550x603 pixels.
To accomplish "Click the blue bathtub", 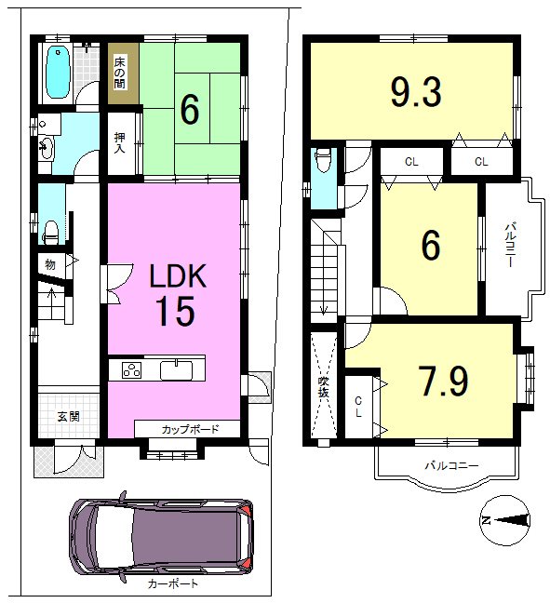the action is pyautogui.click(x=59, y=73).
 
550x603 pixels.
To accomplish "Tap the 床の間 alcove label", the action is pyautogui.click(x=120, y=74).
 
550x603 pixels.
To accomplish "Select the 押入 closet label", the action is pyautogui.click(x=120, y=142).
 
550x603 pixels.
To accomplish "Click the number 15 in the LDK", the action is pyautogui.click(x=176, y=312).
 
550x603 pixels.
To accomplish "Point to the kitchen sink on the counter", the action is pyautogui.click(x=176, y=370).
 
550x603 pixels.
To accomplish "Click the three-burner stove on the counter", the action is pyautogui.click(x=131, y=370).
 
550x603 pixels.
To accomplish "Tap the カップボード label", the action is pyautogui.click(x=190, y=429).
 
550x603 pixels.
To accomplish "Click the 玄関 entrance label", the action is pyautogui.click(x=69, y=416).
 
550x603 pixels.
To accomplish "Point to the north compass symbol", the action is pyautogui.click(x=505, y=521).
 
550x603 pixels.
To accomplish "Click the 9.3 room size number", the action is pyautogui.click(x=416, y=91).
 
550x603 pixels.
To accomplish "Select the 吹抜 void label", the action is pyautogui.click(x=324, y=387).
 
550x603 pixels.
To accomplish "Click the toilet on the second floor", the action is pyautogui.click(x=323, y=160).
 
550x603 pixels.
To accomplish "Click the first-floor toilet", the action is pyautogui.click(x=50, y=232).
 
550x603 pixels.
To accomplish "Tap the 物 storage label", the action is pyautogui.click(x=50, y=264).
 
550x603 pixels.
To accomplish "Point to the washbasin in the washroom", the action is pyautogui.click(x=47, y=148).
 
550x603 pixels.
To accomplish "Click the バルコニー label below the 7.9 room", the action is pyautogui.click(x=451, y=466).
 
